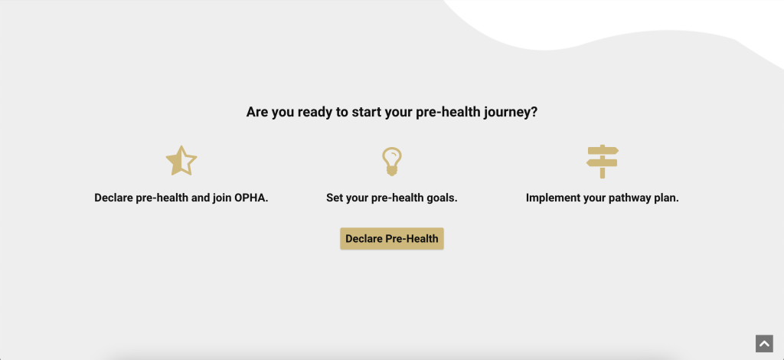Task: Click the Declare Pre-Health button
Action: [392, 239]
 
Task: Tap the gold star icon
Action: [181, 161]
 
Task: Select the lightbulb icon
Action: [392, 161]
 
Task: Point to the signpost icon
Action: [603, 161]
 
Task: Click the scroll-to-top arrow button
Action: [764, 344]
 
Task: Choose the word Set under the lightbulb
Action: [335, 198]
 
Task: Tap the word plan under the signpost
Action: [665, 198]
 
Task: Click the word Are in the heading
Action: [258, 112]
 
